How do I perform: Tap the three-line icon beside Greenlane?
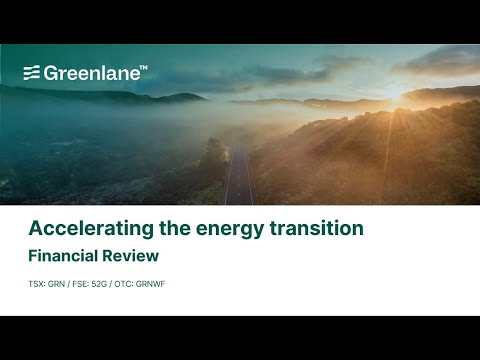pyautogui.click(x=32, y=72)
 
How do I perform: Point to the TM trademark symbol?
pyautogui.click(x=143, y=67)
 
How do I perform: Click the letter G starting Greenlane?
pyautogui.click(x=50, y=72)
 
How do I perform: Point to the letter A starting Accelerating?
pyautogui.click(x=35, y=228)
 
